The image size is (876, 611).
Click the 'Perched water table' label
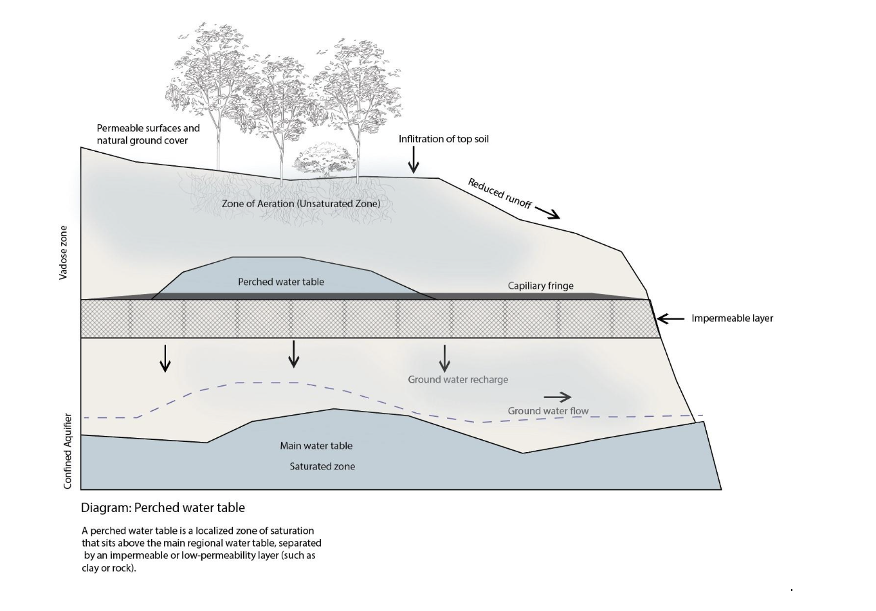tap(281, 282)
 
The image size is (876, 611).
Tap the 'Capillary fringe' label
tap(540, 286)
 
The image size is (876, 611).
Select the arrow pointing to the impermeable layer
tap(670, 318)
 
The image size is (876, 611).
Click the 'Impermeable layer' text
tap(732, 318)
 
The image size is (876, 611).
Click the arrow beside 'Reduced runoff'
tap(547, 212)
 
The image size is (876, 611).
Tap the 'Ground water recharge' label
tap(458, 379)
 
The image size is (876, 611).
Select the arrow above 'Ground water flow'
tap(557, 397)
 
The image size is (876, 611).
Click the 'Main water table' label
tap(316, 446)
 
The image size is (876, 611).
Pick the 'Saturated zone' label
tap(322, 466)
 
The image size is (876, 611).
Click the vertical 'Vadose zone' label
tap(63, 252)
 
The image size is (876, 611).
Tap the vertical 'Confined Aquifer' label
tap(68, 451)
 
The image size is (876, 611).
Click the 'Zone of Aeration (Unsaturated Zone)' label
tap(301, 203)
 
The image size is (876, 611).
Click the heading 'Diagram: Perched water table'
tap(163, 507)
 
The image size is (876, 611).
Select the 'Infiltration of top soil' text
tap(443, 139)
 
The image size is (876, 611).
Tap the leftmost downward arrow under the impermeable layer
tap(165, 358)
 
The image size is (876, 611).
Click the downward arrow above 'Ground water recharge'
tap(444, 358)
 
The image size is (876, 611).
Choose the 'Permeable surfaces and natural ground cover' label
tap(148, 134)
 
